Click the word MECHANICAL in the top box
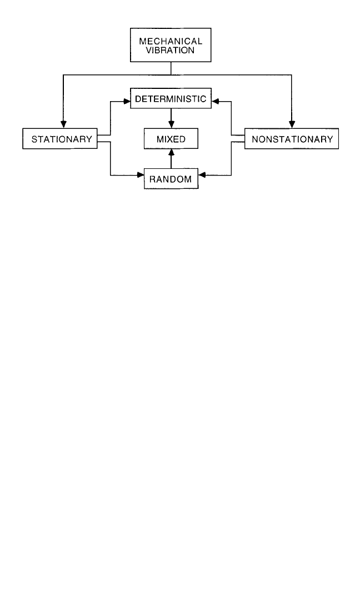(171, 41)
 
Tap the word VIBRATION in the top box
(170, 50)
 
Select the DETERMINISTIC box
(171, 98)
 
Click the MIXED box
(171, 139)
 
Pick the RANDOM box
(171, 179)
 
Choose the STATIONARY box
(60, 138)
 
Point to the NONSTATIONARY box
(292, 138)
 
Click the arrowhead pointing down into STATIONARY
(64, 124)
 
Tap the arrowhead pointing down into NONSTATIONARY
(292, 124)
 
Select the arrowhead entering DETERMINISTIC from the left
(127, 102)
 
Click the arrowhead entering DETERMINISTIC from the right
(215, 102)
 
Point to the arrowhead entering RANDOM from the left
(141, 176)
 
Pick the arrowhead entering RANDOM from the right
(202, 176)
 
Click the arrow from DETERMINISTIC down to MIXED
(171, 119)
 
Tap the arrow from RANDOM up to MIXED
(171, 159)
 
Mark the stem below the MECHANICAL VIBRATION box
(171, 68)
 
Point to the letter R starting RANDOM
(152, 179)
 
